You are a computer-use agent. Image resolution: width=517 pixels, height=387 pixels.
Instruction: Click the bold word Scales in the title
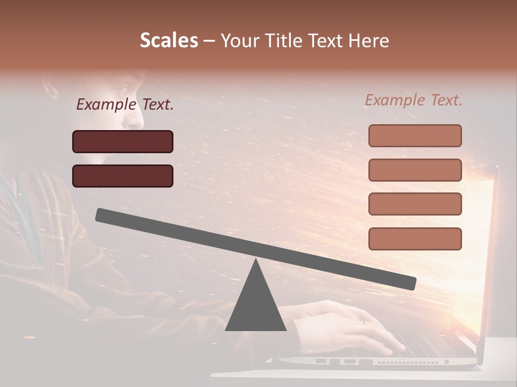tap(169, 40)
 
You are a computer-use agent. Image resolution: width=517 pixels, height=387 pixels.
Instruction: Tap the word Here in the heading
tap(369, 40)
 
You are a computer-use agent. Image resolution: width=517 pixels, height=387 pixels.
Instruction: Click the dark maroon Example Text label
tap(125, 104)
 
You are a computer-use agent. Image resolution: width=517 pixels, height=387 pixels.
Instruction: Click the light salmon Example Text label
tap(414, 100)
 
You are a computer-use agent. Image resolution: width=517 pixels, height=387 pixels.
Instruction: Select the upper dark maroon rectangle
tap(123, 141)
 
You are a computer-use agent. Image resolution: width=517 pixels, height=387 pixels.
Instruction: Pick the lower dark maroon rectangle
tap(123, 176)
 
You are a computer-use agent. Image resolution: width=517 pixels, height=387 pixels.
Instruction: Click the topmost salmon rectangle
tap(415, 135)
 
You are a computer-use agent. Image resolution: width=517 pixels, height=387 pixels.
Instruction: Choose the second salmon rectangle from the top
tap(415, 170)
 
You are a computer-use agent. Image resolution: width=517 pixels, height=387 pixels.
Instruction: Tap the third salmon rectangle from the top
tap(415, 204)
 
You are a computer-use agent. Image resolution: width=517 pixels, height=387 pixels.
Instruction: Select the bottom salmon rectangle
tap(415, 239)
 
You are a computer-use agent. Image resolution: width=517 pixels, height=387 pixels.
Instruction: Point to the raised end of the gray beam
tap(102, 215)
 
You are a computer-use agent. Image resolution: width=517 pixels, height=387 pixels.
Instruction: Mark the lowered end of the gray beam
tap(409, 283)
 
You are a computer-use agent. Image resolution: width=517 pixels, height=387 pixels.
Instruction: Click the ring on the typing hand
tap(362, 321)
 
